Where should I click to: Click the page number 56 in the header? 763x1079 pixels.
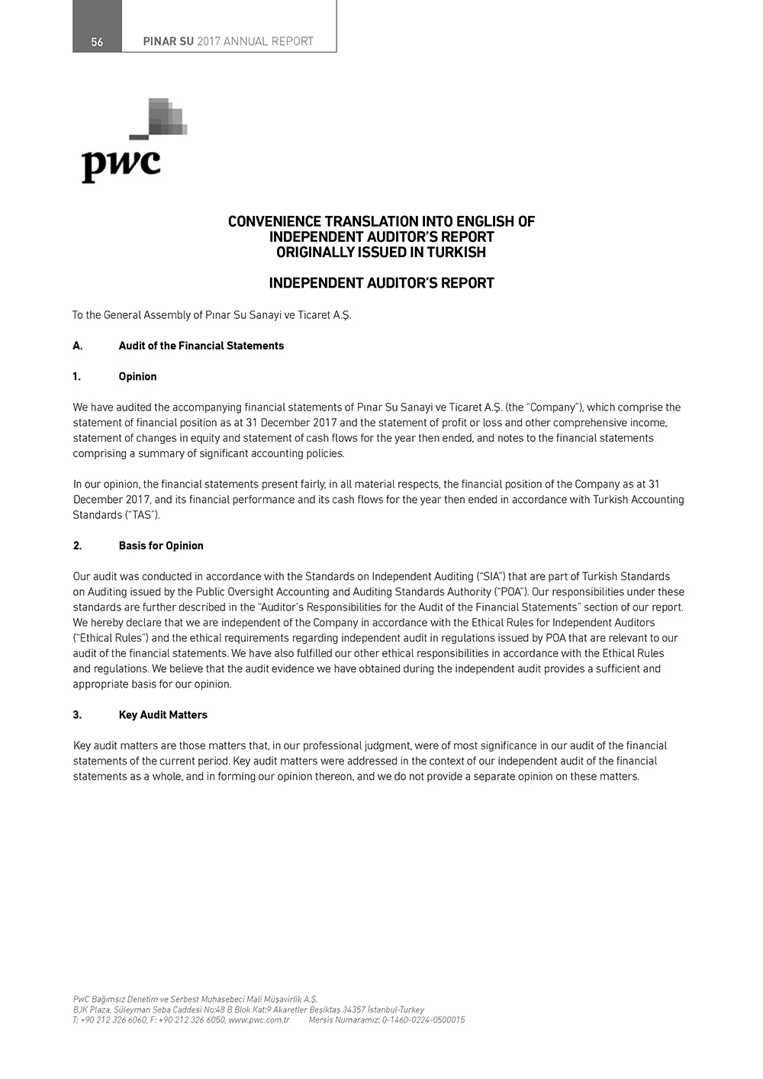coord(97,42)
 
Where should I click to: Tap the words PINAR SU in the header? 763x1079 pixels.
coord(168,42)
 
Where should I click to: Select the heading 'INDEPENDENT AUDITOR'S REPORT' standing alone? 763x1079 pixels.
coord(381,283)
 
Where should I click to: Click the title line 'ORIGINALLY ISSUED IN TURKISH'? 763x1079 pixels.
coord(381,253)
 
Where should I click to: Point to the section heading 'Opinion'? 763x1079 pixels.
coord(137,377)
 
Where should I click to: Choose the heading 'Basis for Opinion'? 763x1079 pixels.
coord(161,546)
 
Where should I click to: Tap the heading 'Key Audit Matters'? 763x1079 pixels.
coord(163,715)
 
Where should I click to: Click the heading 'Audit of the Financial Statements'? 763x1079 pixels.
coord(201,346)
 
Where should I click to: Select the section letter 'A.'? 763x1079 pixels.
coord(78,346)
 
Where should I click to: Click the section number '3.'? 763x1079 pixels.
coord(77,715)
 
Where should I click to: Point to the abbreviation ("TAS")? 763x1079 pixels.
coord(142,515)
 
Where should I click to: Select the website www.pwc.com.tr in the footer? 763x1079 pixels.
coord(259,1019)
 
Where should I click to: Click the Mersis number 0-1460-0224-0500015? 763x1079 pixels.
coord(423,1019)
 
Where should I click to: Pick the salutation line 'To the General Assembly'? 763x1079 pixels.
coord(211,315)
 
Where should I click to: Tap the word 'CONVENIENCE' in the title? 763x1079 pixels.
coord(274,222)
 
